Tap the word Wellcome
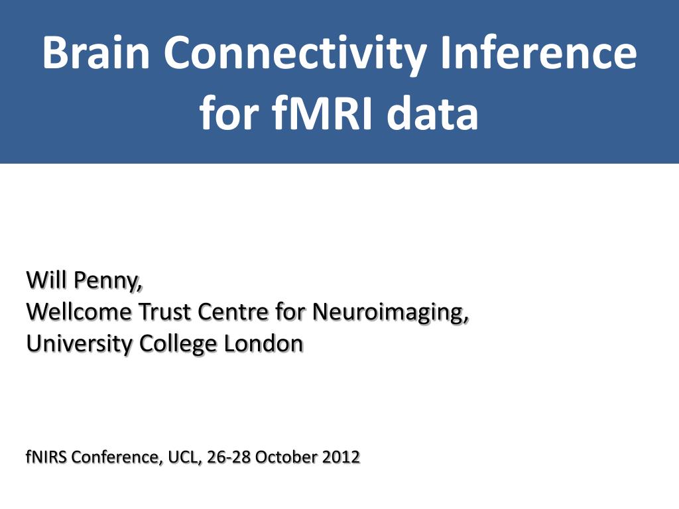pos(79,311)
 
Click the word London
pos(263,344)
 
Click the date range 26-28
pos(229,457)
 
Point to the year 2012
pos(341,457)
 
